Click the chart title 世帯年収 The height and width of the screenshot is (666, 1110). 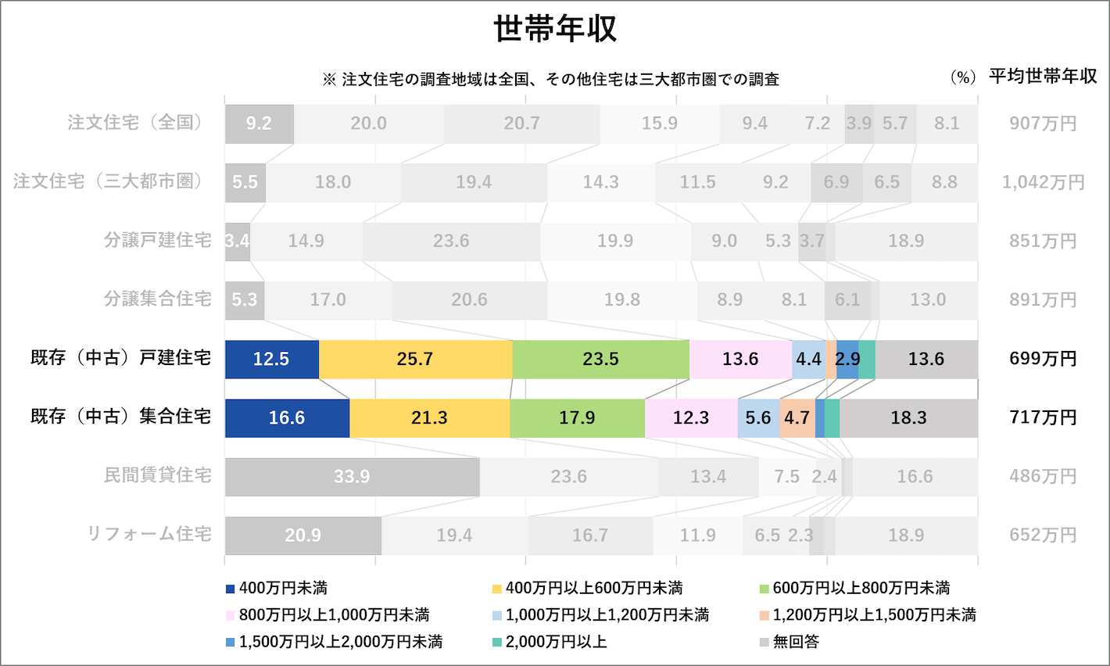[x=555, y=29]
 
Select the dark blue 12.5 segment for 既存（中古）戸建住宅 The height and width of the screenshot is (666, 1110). [x=271, y=360]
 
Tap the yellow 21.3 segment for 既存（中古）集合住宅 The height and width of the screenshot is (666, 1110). [x=429, y=418]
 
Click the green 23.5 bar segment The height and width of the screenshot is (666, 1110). [x=600, y=360]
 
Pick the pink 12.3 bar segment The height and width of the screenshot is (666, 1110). [x=691, y=418]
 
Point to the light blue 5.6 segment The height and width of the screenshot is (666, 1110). [x=757, y=418]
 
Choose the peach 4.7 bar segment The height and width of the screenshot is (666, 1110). [x=797, y=418]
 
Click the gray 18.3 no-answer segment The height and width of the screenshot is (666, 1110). [x=908, y=418]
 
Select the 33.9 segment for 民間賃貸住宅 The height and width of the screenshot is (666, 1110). [x=352, y=477]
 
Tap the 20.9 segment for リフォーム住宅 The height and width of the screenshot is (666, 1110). [x=303, y=535]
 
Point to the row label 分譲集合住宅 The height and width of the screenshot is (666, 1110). [x=157, y=299]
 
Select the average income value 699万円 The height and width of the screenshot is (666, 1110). [x=1043, y=359]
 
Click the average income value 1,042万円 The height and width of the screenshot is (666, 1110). [x=1043, y=182]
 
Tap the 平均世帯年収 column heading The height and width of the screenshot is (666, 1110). [x=1043, y=77]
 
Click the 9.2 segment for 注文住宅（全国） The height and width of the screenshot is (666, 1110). [x=259, y=124]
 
